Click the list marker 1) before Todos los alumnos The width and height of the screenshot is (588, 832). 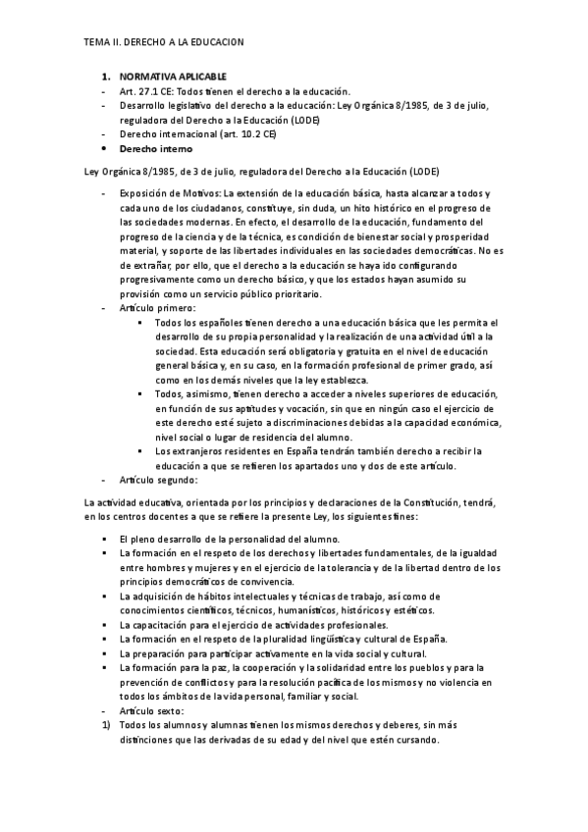(x=105, y=724)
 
